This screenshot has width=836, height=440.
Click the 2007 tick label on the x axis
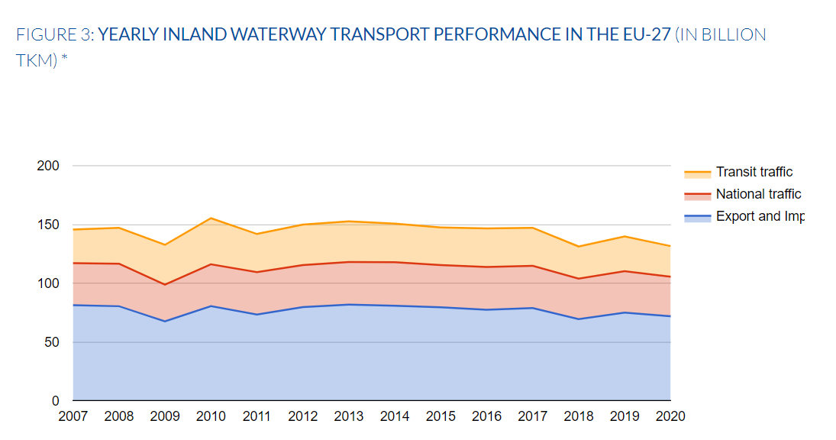73,416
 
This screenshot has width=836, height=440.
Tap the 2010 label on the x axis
211,416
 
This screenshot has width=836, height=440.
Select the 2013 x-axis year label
349,416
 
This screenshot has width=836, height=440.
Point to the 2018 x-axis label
578,416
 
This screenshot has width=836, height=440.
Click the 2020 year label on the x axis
670,416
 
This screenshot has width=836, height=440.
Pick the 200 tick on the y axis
48,166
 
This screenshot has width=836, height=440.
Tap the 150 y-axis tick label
48,225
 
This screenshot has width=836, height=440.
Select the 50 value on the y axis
51,342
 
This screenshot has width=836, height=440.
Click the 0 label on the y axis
55,400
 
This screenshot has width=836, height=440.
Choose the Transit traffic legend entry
754,173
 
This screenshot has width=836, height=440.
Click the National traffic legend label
758,194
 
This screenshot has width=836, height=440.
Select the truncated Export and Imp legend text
759,216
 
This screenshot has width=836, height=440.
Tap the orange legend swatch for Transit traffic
697,173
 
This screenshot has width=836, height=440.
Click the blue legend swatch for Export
697,218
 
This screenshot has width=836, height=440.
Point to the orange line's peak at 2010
211,218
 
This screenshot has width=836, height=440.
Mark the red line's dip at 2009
165,285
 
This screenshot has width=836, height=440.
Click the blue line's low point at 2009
165,321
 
